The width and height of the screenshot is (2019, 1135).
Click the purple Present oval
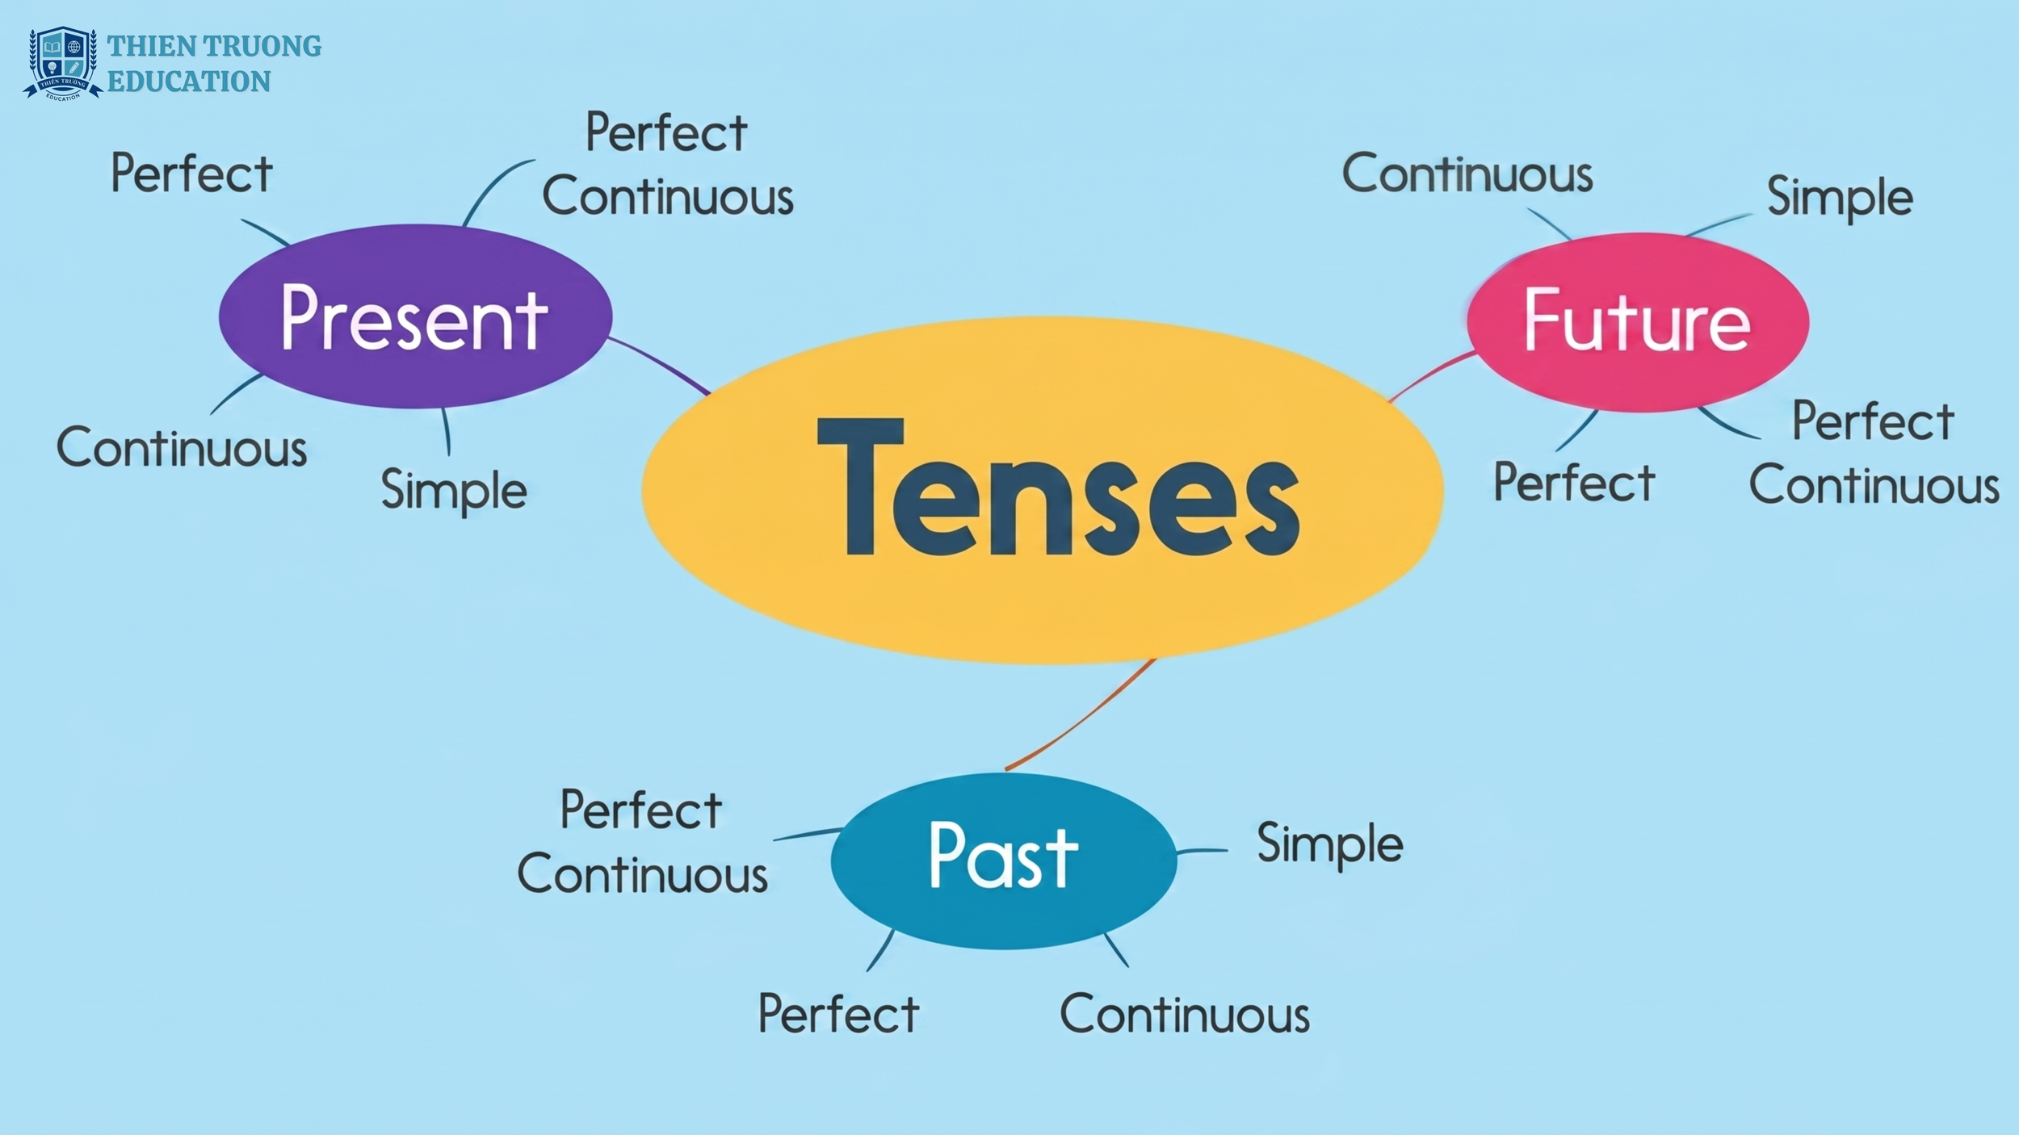coord(415,316)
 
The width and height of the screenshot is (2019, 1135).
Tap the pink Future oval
coord(1638,322)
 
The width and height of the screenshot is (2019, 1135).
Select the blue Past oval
coord(1004,861)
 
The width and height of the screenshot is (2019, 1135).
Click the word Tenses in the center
coord(1058,488)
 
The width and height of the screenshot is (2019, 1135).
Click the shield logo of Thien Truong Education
coord(63,63)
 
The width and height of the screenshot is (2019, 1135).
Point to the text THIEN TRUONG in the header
coord(214,46)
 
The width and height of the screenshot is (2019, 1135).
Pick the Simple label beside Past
coord(1330,844)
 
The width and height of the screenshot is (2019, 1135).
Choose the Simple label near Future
coord(1840,198)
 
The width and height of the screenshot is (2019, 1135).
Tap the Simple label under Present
coord(454,491)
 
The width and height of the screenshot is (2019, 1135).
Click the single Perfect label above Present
coord(192,173)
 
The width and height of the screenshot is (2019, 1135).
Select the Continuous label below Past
coord(1185,1014)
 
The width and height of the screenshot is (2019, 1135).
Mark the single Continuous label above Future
coord(1467,173)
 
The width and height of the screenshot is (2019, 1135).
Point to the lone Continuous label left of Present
coord(182,447)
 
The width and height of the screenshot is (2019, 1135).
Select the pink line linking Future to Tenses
coord(1431,375)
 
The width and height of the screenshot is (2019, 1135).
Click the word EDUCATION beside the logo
coord(189,82)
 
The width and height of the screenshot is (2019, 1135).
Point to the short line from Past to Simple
coord(1202,851)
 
